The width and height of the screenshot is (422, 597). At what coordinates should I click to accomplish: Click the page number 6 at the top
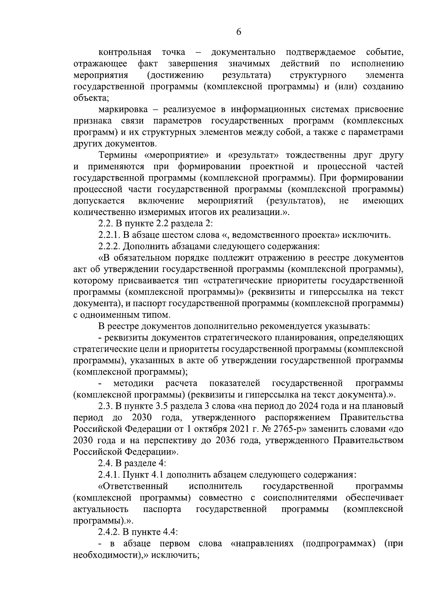click(238, 32)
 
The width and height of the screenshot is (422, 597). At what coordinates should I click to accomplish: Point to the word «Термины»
click(117, 155)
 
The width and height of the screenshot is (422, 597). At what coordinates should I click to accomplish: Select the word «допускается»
click(99, 201)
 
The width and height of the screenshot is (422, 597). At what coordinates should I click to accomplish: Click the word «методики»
click(133, 383)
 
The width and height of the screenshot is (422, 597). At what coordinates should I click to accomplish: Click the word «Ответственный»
click(133, 487)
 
